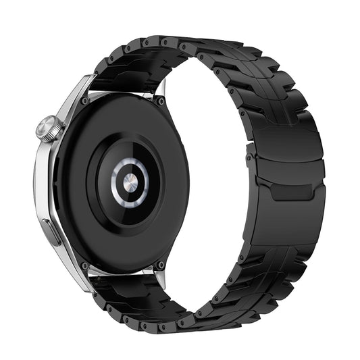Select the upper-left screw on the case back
84,100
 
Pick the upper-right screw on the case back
161,101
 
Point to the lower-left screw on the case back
84,265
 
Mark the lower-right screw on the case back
160,264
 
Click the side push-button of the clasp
251,165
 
